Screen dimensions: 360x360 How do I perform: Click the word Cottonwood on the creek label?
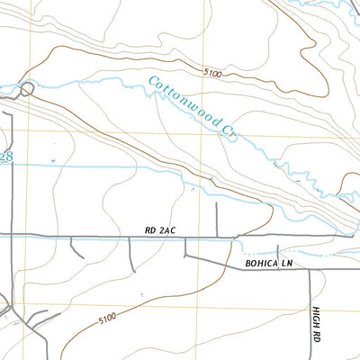coord(185,103)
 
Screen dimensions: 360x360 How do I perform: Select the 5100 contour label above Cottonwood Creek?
coord(212,72)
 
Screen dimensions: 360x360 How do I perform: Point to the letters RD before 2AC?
coord(149,231)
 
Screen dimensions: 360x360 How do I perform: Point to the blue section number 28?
coord(6,156)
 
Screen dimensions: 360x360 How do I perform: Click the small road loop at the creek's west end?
coord(28,88)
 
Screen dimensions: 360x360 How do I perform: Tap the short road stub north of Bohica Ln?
coord(280,253)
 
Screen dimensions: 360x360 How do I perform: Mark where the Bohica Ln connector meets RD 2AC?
coord(186,238)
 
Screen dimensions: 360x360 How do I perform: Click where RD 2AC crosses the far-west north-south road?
coord(12,236)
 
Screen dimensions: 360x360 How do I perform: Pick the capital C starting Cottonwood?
coord(153,84)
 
